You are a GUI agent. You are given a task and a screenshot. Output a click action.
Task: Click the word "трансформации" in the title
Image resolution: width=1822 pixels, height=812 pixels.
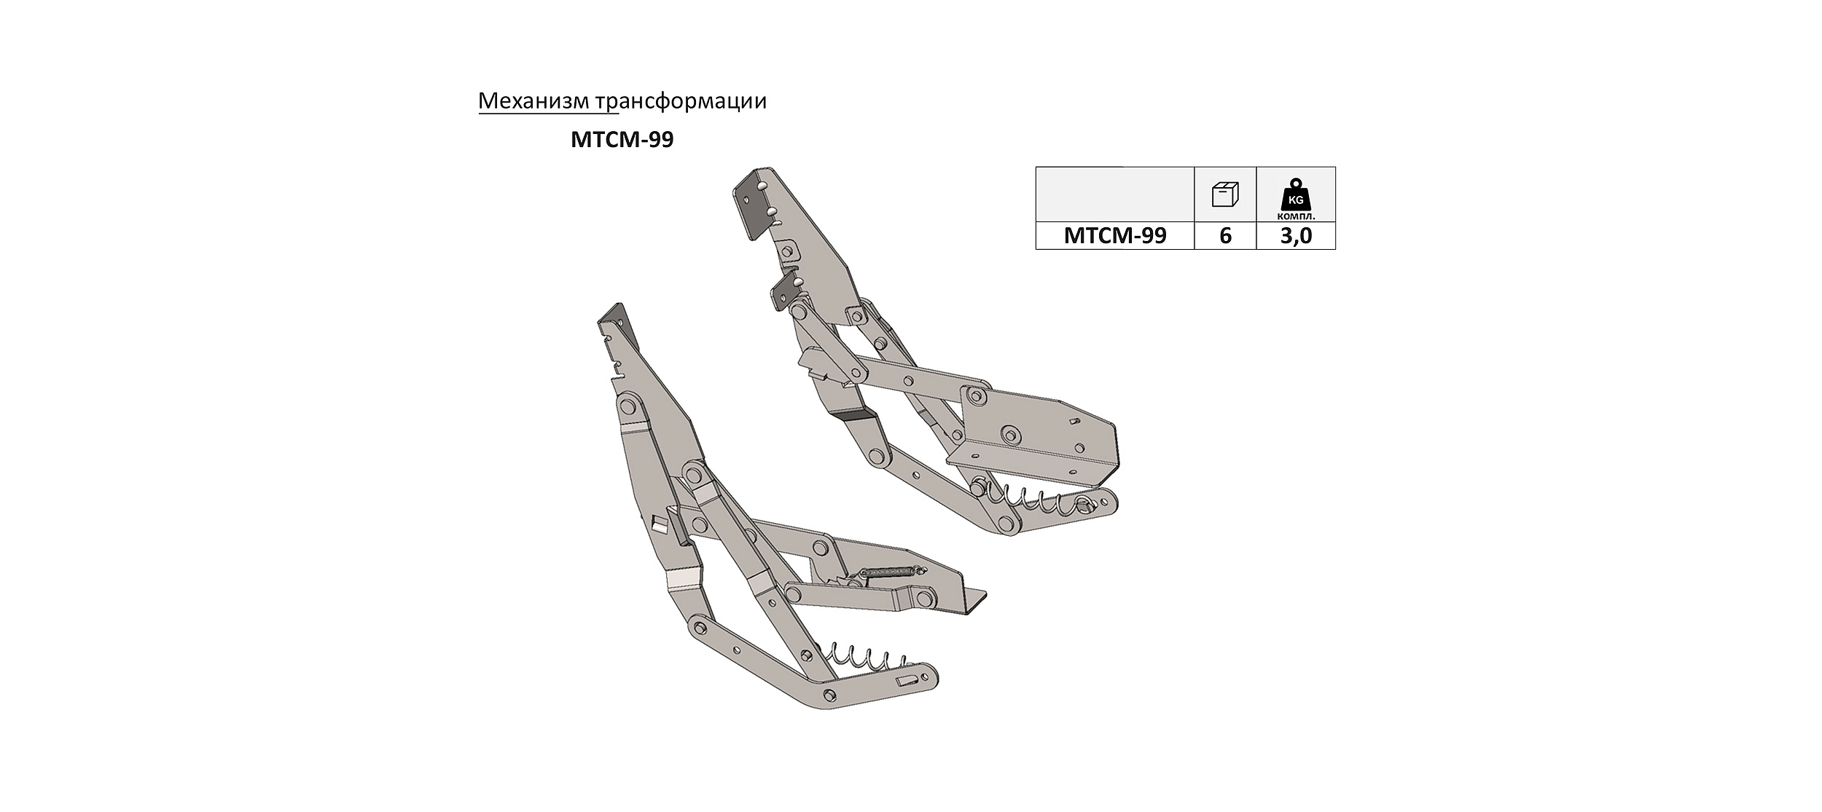click(681, 102)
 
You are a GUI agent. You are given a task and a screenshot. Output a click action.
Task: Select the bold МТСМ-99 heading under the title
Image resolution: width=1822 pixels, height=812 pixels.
click(622, 139)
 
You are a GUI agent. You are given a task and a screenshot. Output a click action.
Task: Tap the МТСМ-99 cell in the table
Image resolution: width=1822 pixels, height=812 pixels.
click(1115, 236)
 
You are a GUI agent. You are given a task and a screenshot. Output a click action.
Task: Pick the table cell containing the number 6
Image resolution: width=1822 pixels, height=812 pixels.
click(1225, 236)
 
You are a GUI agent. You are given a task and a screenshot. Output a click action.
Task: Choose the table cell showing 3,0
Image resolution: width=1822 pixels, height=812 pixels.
click(1296, 236)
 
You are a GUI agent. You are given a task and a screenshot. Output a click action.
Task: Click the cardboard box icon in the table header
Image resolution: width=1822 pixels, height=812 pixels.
click(1225, 194)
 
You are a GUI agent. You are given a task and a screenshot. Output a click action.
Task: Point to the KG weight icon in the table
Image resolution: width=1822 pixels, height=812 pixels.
click(1297, 195)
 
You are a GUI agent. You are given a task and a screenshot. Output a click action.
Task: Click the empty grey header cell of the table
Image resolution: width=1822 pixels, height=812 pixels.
click(1115, 194)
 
